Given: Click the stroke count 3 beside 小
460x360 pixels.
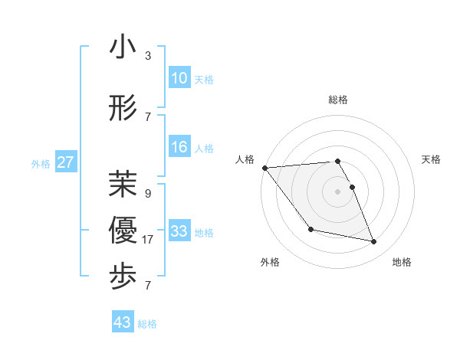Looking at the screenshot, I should click(148, 56).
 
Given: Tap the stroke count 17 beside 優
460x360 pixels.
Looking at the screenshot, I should click(148, 240).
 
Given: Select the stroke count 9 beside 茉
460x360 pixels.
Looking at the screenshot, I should click(148, 194).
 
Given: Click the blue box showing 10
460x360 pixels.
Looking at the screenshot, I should click(179, 77).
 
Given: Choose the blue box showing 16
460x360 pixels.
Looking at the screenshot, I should click(179, 147).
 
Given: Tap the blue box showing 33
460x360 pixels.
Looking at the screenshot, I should click(179, 231).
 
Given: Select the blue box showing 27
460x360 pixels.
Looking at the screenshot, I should click(65, 162).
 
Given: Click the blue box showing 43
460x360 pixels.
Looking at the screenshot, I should click(122, 322).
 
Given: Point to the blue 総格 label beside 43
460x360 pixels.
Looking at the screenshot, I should click(147, 324).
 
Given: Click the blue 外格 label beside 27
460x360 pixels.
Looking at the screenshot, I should click(41, 163).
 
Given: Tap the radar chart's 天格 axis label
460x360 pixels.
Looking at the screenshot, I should click(432, 159).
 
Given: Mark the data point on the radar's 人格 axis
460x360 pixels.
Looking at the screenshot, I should click(264, 168).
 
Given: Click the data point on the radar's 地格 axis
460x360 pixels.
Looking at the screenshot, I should click(374, 242).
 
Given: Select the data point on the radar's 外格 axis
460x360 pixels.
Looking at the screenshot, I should click(310, 229).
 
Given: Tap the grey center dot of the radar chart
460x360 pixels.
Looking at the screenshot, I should click(337, 191).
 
